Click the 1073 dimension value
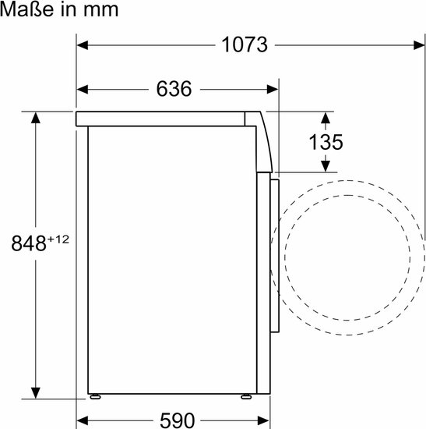245,44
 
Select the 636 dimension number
174,89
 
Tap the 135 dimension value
326,142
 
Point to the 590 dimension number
177,420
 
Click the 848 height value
29,243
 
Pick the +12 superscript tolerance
58,239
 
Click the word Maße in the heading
26,9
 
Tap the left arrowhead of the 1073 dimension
83,45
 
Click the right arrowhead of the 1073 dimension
419,45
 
